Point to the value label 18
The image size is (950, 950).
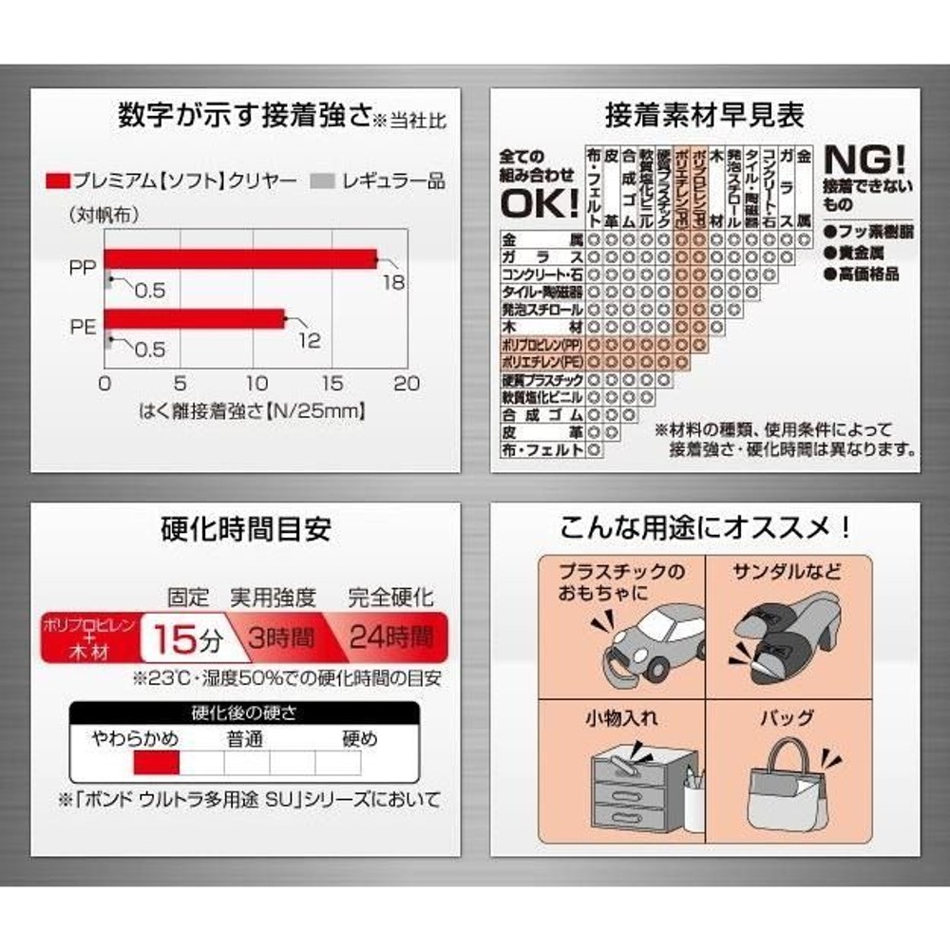coord(393,283)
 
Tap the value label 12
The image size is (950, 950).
coord(310,340)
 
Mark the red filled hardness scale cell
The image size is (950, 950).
coord(156,762)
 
